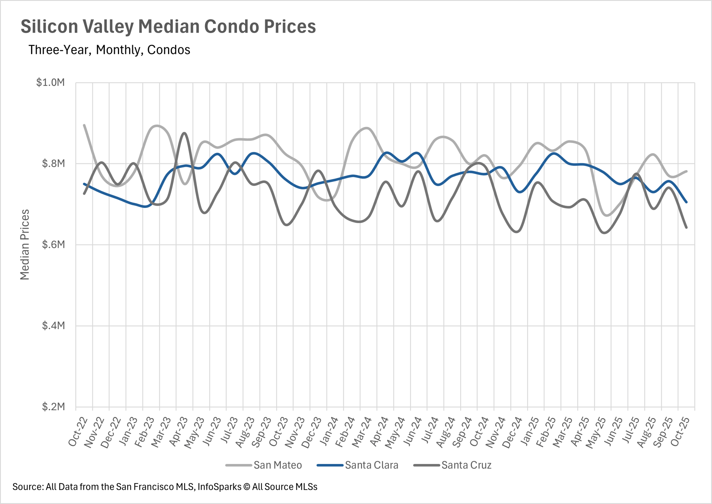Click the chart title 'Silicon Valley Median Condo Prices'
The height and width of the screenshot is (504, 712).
coord(168,27)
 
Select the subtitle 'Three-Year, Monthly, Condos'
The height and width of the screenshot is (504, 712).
coord(109,50)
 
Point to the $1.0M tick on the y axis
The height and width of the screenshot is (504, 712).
coord(50,82)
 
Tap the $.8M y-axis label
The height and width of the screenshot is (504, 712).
coord(53,163)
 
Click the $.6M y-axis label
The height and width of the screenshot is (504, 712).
coord(53,245)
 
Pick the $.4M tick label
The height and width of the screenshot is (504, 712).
coord(53,326)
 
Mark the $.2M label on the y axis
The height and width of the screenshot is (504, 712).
coord(53,407)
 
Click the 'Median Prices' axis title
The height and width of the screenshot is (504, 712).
coord(25,245)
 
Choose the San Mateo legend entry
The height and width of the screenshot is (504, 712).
coord(277,465)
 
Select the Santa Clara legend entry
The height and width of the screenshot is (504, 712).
coord(371,465)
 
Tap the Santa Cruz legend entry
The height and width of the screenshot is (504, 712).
coord(466,465)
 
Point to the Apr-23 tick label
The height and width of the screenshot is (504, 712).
coord(179,431)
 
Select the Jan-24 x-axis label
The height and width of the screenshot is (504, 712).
coord(330,431)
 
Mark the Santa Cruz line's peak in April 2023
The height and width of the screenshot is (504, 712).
coord(184,133)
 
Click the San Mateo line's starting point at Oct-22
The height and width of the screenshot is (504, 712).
coord(84,125)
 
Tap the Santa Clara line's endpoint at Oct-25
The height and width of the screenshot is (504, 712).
coord(686,202)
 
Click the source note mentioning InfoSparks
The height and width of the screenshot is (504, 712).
coord(165,487)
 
